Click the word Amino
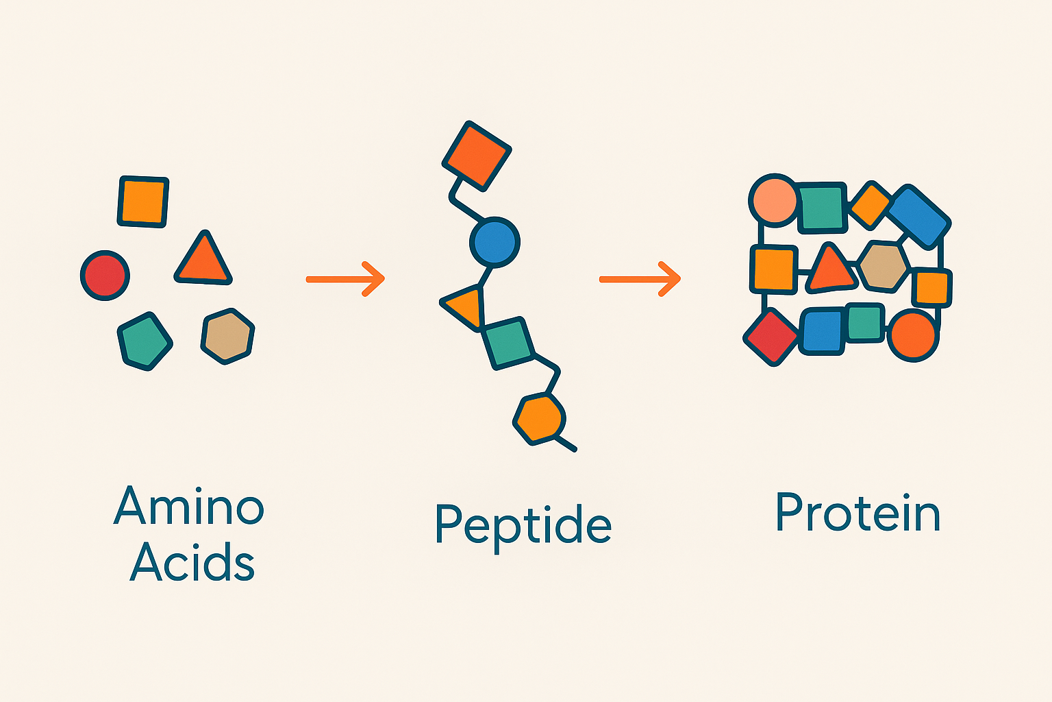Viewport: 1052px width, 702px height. coord(189,505)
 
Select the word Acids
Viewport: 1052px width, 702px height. coord(192,561)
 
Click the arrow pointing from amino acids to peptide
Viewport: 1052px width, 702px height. coord(345,279)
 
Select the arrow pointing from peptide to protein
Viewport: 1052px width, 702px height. coord(640,279)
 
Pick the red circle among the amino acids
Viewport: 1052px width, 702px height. coord(105,276)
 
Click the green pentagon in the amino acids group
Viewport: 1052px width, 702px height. coord(145,341)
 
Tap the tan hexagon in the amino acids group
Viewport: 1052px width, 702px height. coord(228,337)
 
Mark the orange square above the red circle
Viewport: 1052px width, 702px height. coord(143,202)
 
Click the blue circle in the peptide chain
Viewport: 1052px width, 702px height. coord(495,243)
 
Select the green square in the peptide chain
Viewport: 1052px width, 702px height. coord(508,343)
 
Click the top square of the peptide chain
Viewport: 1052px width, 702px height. coord(477,156)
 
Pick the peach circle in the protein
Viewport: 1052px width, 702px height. coord(775,200)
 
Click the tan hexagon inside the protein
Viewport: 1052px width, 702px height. coord(883,266)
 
